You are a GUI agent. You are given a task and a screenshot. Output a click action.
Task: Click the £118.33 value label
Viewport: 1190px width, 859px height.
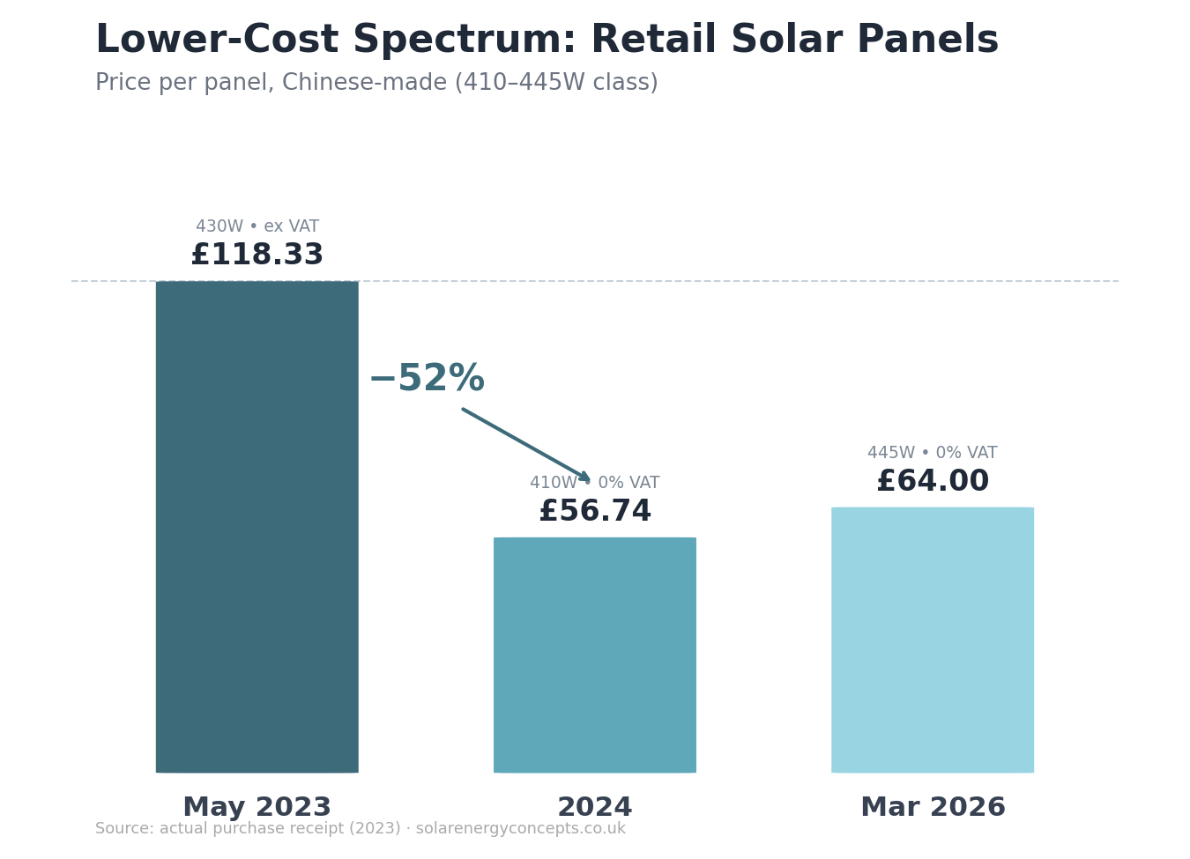coord(257,255)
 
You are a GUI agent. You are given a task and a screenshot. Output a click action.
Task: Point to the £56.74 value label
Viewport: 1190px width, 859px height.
coord(594,512)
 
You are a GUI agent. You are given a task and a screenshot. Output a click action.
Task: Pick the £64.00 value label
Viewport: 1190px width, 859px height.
coord(932,482)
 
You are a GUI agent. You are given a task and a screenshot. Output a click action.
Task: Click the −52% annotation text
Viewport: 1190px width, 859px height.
coord(427,379)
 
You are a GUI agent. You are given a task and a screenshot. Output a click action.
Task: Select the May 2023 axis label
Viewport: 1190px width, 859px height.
coord(257,807)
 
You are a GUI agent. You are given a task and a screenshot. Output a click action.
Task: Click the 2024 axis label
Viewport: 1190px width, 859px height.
coord(594,807)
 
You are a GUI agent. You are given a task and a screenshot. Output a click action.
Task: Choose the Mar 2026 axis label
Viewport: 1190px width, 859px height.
coord(932,807)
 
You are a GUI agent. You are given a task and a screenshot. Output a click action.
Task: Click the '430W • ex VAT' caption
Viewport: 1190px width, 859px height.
coord(257,226)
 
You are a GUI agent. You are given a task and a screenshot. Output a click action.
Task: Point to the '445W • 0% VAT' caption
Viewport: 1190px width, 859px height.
coord(932,453)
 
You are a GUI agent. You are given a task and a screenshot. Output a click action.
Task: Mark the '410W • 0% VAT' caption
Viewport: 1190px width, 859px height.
coord(594,483)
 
